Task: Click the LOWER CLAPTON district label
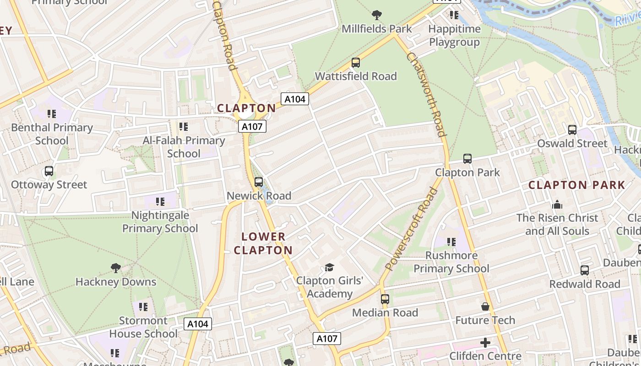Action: (x=263, y=243)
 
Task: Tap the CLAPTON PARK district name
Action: (x=576, y=185)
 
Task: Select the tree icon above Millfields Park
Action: (x=377, y=15)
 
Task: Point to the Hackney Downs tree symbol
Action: (x=116, y=268)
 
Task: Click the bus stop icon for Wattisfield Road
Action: (x=356, y=63)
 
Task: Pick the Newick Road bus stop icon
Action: (x=259, y=182)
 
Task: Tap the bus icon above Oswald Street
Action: (x=572, y=130)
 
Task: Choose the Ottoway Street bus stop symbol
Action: (x=49, y=171)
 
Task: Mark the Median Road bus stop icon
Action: (x=385, y=299)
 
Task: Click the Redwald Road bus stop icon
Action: (x=585, y=270)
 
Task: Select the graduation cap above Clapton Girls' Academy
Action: (x=329, y=267)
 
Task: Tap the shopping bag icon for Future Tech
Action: (x=485, y=307)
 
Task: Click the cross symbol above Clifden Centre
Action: (x=485, y=342)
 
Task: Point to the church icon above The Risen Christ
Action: (x=557, y=205)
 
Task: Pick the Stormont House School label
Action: (x=143, y=327)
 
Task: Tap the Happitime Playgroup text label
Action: (x=455, y=36)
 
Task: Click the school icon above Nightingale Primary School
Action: (x=160, y=201)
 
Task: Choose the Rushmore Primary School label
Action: (x=451, y=262)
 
